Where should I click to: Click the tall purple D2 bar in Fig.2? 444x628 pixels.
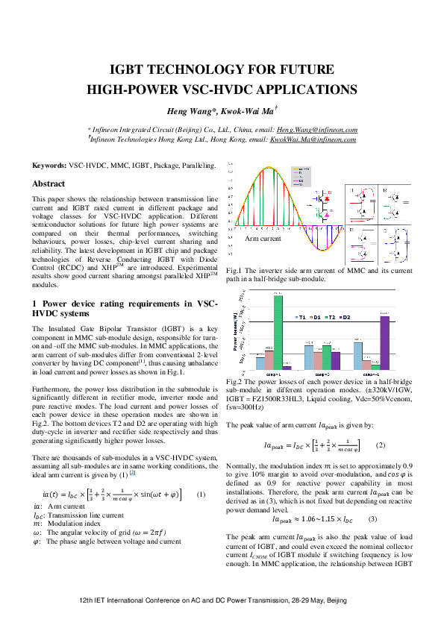click(384, 342)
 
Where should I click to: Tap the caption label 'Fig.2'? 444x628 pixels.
click(234, 381)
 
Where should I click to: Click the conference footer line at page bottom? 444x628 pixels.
click(222, 599)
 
